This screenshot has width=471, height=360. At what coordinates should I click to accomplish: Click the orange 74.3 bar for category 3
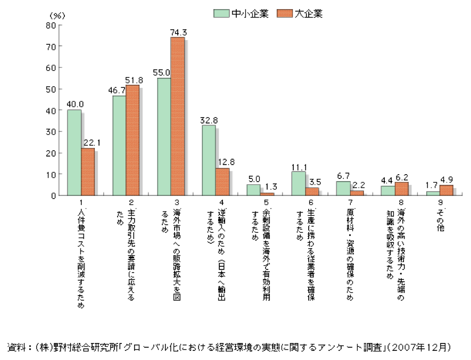click(177, 117)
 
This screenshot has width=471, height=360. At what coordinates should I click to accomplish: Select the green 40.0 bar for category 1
click(74, 153)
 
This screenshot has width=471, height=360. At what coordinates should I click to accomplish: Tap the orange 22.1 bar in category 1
click(88, 172)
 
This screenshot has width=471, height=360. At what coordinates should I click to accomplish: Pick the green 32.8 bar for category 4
click(209, 160)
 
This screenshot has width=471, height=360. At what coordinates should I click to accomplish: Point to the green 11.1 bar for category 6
click(299, 184)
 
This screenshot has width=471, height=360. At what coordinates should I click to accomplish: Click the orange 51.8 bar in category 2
click(133, 141)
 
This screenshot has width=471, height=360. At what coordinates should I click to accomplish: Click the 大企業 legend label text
click(310, 14)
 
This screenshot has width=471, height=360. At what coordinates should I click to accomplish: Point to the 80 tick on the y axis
click(51, 25)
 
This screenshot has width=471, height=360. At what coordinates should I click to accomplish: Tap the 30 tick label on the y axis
click(51, 132)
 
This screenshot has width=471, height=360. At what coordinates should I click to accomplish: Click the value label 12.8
click(224, 162)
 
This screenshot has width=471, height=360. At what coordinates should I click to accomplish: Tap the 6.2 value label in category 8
click(403, 177)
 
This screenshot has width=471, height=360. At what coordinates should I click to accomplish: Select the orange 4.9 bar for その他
click(446, 190)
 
